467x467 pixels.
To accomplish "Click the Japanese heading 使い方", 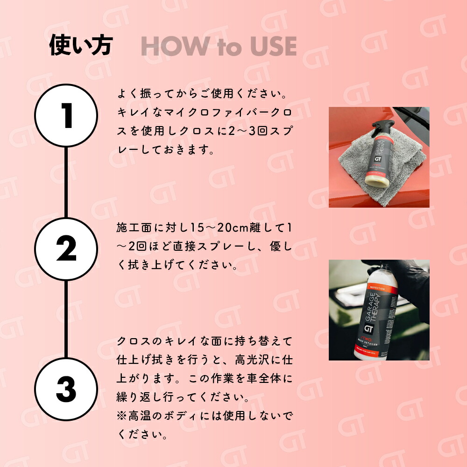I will [81, 46].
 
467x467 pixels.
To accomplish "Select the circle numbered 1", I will [66, 116].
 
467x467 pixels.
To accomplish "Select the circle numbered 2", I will [66, 249].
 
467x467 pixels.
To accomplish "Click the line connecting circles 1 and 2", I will [66, 182].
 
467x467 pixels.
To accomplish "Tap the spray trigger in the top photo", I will [379, 125].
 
